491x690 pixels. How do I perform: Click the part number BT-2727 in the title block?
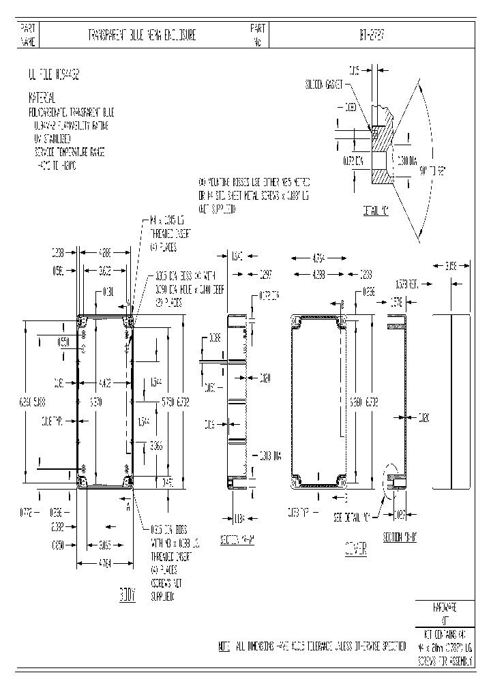point(371,35)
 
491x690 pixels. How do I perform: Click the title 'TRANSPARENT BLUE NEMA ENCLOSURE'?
point(143,35)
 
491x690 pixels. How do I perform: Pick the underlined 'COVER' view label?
point(355,547)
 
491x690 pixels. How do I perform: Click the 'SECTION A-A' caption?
point(238,540)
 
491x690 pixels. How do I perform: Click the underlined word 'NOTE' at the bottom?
point(224,644)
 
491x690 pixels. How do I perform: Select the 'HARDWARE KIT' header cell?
point(445,613)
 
